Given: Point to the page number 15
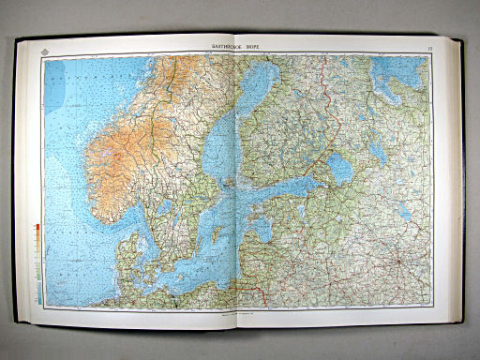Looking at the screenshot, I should click(427, 47).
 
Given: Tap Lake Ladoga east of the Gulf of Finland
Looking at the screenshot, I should click(339, 170).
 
